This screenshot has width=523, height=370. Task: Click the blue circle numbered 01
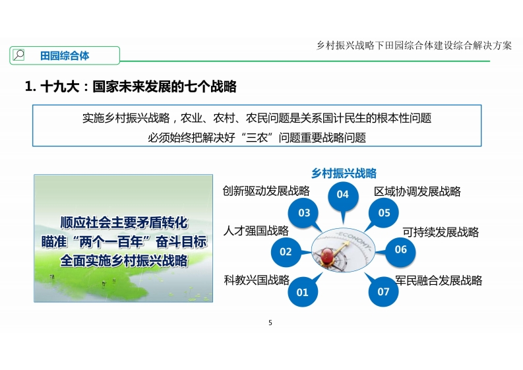tap(303, 292)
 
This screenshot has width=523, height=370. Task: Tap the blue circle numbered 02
tap(286, 251)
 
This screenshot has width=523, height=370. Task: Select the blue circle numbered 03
tap(304, 213)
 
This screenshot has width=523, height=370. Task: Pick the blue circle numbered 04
tap(343, 195)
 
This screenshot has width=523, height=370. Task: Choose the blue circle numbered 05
tap(384, 213)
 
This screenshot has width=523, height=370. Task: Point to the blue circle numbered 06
tap(400, 249)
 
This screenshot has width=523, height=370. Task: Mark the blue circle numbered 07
tap(383, 292)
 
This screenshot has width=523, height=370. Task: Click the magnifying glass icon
tap(18, 55)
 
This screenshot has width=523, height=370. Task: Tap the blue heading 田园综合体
tap(65, 55)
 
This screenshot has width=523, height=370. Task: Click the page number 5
tap(270, 323)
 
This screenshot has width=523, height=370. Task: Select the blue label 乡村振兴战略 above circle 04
tap(344, 173)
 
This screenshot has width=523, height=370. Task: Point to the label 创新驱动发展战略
tap(266, 191)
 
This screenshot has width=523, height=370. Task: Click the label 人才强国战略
tap(256, 231)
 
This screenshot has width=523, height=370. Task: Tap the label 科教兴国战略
tap(257, 280)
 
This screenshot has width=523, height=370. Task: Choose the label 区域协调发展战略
tap(417, 191)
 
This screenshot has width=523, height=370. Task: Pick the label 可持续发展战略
tap(441, 232)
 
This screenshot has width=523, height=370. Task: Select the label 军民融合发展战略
tap(439, 280)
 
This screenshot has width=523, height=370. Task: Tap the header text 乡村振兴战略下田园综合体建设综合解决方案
tap(414, 46)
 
